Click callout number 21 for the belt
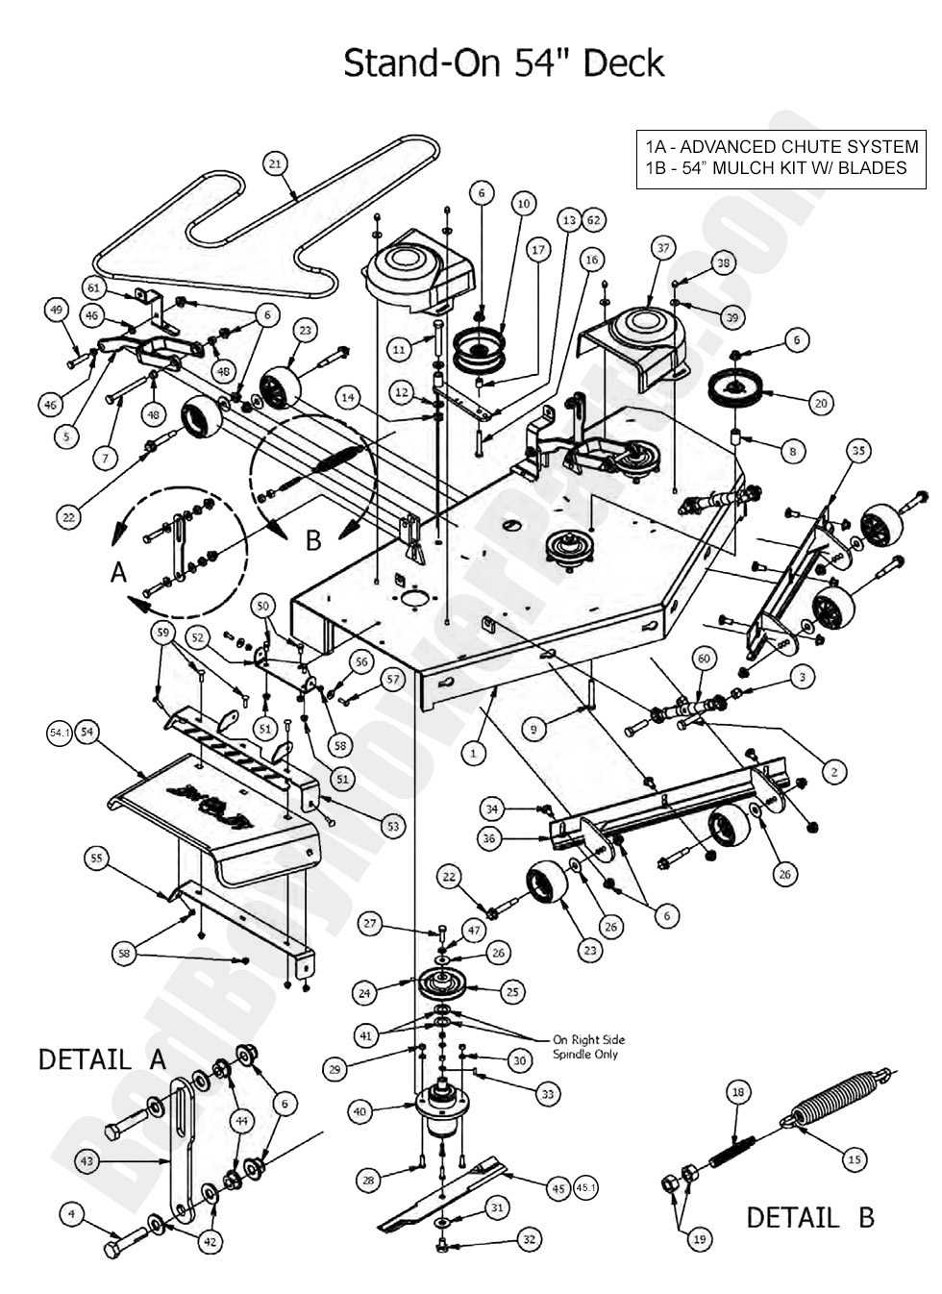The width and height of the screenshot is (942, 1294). point(275,164)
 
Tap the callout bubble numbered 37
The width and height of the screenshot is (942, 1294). point(661,248)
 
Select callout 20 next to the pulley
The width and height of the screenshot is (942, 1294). point(820,404)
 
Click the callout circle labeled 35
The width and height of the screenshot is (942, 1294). point(858,450)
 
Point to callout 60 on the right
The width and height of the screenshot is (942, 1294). point(704,658)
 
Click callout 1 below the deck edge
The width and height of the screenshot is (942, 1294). point(472,754)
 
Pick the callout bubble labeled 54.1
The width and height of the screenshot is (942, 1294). point(60,734)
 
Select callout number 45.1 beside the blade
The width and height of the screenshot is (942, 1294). point(586,1188)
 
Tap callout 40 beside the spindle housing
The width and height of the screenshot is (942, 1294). point(359,1111)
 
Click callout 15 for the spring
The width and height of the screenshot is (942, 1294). point(854,1160)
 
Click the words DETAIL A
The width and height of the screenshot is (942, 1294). point(102,1060)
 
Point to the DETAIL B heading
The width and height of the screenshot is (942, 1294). point(809,1217)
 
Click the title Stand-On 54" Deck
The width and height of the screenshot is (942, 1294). point(504,63)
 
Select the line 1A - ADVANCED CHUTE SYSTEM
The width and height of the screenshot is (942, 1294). point(781,147)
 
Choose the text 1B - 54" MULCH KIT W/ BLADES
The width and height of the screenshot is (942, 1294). point(775,168)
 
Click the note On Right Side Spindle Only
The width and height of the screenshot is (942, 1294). point(585,1047)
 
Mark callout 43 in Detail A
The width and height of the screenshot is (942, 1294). point(87,1161)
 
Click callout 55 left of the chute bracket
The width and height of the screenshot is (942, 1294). point(95,859)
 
